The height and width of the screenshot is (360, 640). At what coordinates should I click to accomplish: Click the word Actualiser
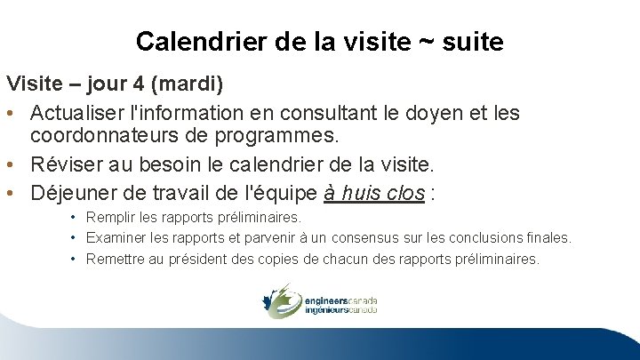point(79,114)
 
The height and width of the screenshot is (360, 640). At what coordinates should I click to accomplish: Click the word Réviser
point(65,165)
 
